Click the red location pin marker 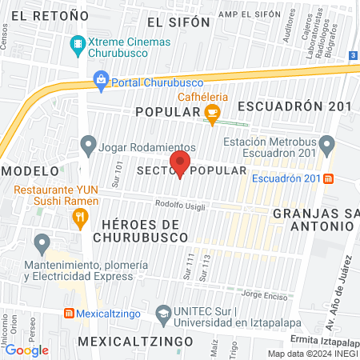[x=181, y=163]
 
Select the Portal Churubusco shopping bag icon [x=102, y=78]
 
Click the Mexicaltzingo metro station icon [x=70, y=312]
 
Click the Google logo [x=26, y=350]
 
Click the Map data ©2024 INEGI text [x=312, y=354]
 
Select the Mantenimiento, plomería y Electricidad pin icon [x=41, y=242]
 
